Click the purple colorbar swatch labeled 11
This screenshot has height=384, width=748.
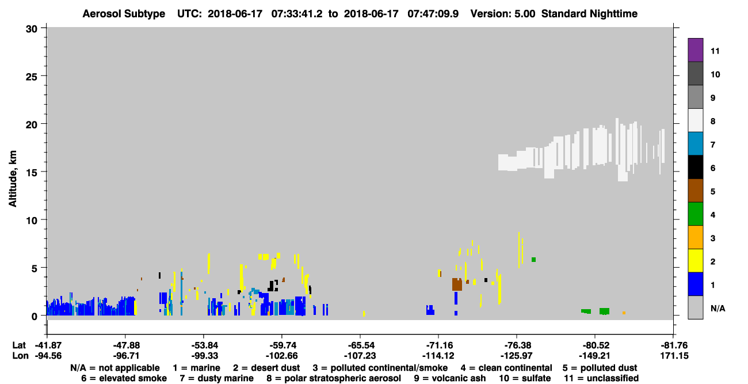click(x=695, y=50)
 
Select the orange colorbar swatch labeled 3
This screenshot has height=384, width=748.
click(x=695, y=237)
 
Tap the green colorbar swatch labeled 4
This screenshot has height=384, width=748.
click(x=695, y=214)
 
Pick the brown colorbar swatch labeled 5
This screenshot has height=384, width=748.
click(x=695, y=191)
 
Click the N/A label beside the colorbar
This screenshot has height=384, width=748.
click(x=718, y=308)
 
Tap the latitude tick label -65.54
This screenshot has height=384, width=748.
click(x=360, y=345)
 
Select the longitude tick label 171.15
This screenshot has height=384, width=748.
click(x=674, y=356)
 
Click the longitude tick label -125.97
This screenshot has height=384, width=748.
click(x=517, y=356)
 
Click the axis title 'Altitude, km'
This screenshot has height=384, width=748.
click(x=12, y=179)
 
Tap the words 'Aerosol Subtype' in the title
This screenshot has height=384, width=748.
click(x=124, y=14)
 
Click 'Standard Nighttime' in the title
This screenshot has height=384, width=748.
click(x=589, y=14)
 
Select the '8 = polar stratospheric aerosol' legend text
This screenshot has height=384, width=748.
click(x=334, y=378)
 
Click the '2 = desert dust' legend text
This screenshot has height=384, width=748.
click(x=266, y=368)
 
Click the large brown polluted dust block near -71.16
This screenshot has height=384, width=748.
click(x=457, y=284)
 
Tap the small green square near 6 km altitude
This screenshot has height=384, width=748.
click(x=533, y=260)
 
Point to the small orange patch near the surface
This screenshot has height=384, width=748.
click(x=624, y=313)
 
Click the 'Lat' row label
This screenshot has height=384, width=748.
click(x=19, y=345)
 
